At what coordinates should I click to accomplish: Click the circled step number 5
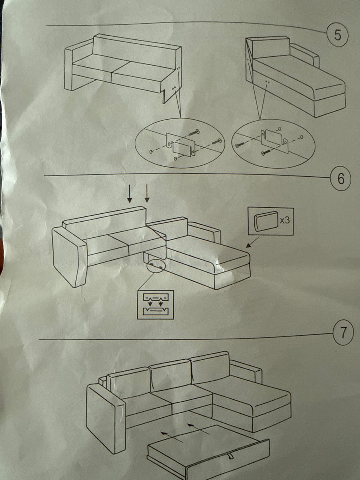[337, 35]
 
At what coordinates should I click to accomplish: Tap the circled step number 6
[341, 179]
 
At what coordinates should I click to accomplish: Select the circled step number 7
[343, 333]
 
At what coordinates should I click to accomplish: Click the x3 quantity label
[285, 220]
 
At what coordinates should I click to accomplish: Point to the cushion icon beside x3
[266, 222]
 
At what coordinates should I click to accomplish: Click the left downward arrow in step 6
[130, 193]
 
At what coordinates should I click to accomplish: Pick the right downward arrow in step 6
[147, 193]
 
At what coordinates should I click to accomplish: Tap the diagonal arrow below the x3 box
[252, 243]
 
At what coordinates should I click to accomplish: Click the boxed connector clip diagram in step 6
[155, 304]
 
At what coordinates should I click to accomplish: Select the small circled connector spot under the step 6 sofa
[156, 266]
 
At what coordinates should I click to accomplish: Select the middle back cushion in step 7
[171, 375]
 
